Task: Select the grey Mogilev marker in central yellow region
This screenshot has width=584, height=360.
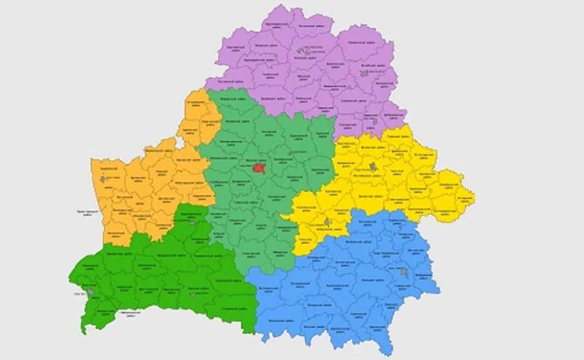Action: click(373, 167)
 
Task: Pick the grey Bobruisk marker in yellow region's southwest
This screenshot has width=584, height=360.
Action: click(327, 222)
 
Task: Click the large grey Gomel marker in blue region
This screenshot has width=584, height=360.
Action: click(405, 272)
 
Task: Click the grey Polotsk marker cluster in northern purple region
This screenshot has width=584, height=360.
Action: click(300, 50)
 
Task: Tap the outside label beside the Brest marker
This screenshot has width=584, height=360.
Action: click(77, 294)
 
